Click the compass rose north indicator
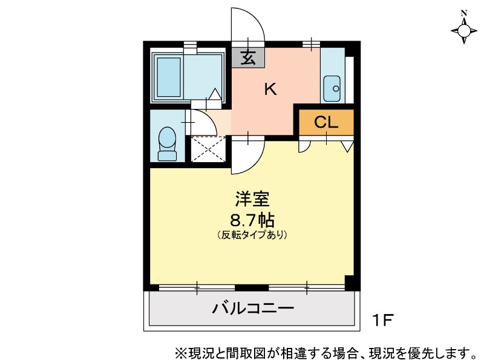[464, 30]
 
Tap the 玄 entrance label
[248, 57]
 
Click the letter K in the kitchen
[270, 89]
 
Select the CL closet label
[326, 123]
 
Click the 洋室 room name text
[252, 199]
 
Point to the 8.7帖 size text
[252, 220]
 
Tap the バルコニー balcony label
[253, 308]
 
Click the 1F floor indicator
[382, 320]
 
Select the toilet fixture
[167, 144]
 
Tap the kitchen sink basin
[332, 88]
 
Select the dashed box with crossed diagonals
[208, 149]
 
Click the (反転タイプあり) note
[252, 235]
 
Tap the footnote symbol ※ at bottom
[179, 352]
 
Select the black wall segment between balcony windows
[252, 288]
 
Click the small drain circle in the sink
[336, 88]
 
